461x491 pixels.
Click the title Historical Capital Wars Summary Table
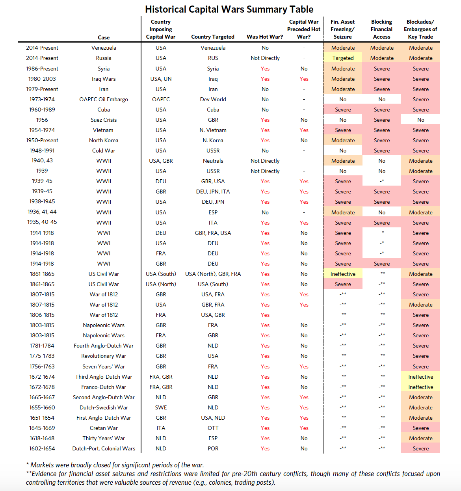click(x=229, y=9)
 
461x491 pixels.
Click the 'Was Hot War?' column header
click(x=265, y=37)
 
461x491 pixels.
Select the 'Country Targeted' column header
click(x=213, y=37)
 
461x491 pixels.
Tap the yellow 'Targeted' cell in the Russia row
click(x=343, y=58)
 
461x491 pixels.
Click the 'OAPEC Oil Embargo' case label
click(x=104, y=99)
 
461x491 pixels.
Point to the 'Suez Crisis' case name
click(x=104, y=120)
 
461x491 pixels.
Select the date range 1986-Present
click(x=42, y=69)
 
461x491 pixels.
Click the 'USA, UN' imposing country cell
click(x=161, y=79)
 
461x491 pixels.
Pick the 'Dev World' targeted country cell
click(x=213, y=99)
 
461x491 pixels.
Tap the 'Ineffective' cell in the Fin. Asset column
click(x=343, y=274)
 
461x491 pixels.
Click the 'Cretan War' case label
click(x=104, y=428)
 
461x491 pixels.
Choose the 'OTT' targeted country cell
click(x=213, y=428)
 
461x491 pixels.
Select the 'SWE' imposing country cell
click(x=161, y=407)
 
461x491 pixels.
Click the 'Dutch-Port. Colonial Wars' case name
click(x=104, y=448)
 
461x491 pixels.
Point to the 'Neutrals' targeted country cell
click(x=213, y=161)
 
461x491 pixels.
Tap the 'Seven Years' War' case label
click(x=104, y=366)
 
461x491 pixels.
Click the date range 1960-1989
click(x=42, y=110)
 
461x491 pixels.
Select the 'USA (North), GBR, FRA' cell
click(x=213, y=274)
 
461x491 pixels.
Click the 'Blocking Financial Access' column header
click(x=382, y=30)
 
